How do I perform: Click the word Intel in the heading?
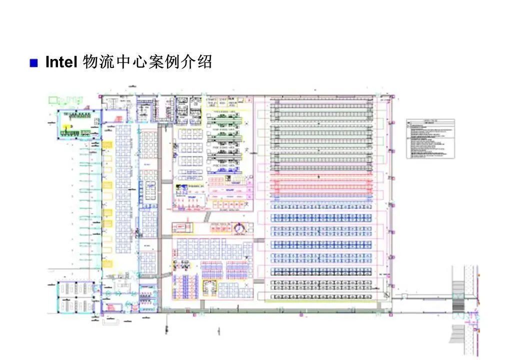coord(60,62)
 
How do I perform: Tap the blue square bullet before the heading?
coord(34,63)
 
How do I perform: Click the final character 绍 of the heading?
coord(204,62)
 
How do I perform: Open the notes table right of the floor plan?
coord(430,138)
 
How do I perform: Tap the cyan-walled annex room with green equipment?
coord(74,124)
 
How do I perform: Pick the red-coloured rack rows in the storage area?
coord(322,186)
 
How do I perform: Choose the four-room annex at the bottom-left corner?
coord(75,297)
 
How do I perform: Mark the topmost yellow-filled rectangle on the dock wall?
coord(107,144)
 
